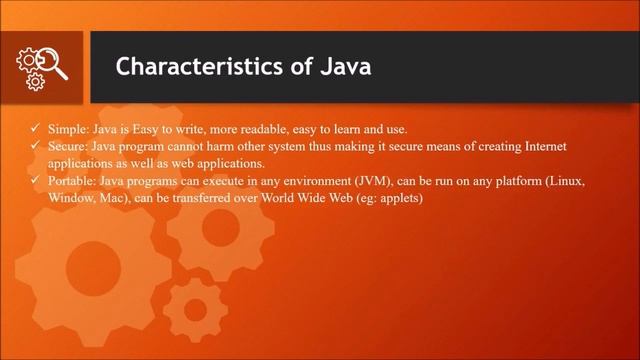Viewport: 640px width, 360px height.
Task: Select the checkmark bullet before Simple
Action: (x=35, y=130)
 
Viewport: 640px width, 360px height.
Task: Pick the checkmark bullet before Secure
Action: (x=35, y=146)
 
